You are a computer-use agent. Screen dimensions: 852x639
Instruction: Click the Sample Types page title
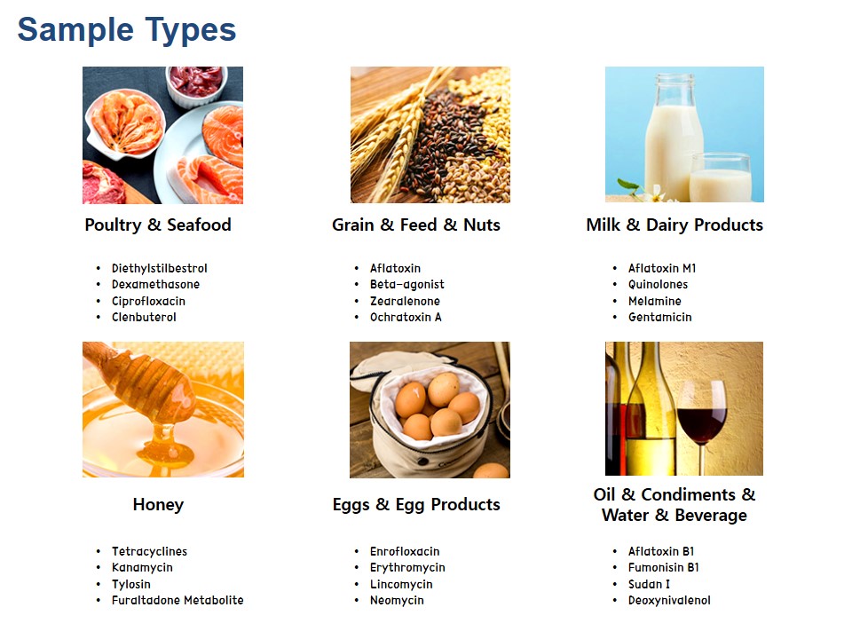click(127, 30)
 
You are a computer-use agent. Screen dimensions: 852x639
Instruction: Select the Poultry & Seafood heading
click(158, 225)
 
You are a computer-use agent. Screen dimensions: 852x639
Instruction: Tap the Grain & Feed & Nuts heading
click(416, 225)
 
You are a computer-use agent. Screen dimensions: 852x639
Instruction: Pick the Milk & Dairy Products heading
click(674, 225)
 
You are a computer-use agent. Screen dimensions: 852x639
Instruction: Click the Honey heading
click(158, 505)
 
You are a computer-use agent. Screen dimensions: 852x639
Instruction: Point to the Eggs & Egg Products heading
click(416, 505)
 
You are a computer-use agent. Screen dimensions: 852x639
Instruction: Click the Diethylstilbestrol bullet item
click(159, 268)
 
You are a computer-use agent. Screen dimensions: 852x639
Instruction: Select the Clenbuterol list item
click(144, 318)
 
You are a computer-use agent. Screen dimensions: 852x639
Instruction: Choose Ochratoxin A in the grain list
click(406, 318)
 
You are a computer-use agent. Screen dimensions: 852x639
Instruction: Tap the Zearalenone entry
click(405, 301)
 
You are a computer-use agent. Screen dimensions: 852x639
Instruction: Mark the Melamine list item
click(655, 301)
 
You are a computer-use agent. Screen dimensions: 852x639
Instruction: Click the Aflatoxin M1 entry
click(662, 268)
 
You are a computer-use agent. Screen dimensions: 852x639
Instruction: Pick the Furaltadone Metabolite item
click(177, 601)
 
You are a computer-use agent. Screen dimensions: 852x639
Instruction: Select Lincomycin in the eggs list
click(401, 585)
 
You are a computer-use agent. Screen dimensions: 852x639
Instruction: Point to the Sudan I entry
click(649, 584)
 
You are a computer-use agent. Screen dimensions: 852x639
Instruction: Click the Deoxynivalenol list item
click(669, 601)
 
